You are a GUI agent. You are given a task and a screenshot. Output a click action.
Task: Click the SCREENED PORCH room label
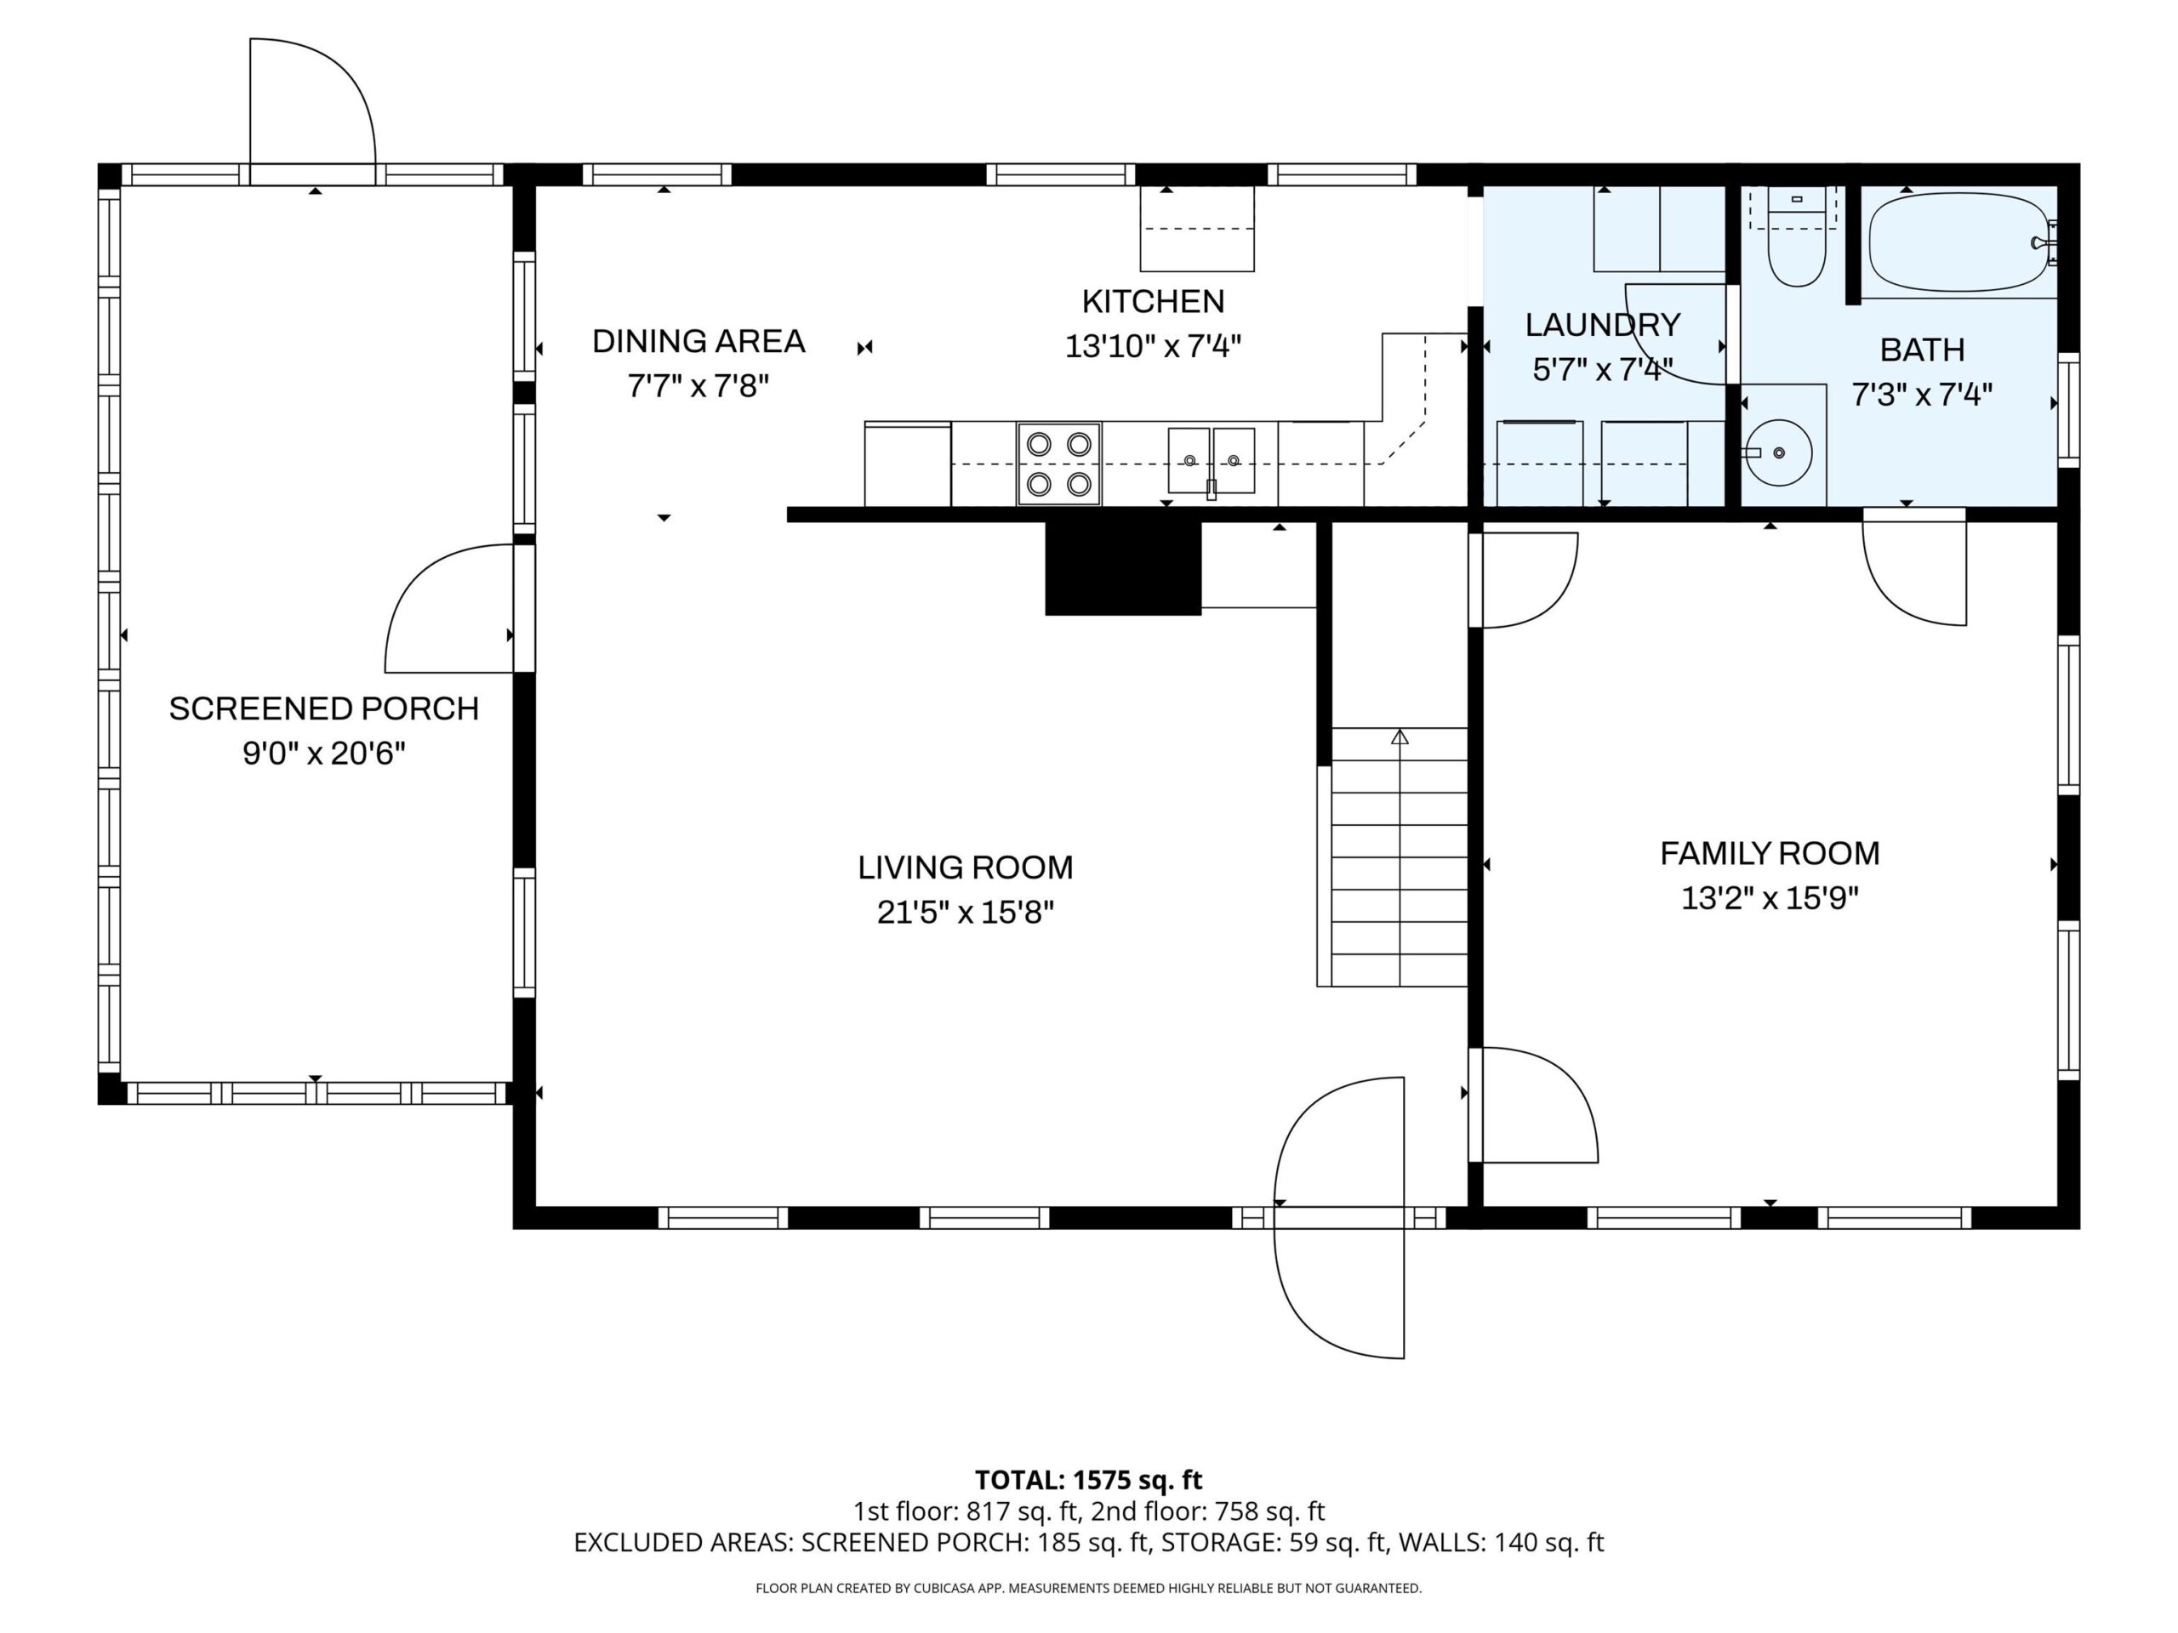point(324,708)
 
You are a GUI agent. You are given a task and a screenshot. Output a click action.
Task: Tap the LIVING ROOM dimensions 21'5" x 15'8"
point(965,913)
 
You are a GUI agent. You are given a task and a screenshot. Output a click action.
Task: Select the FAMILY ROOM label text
point(1770,853)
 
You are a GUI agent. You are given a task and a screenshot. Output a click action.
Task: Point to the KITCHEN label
point(1153,301)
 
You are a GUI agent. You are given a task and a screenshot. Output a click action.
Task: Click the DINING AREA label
point(698,342)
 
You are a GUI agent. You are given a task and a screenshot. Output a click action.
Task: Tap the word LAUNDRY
point(1602,325)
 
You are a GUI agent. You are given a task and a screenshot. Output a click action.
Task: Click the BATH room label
point(1922,350)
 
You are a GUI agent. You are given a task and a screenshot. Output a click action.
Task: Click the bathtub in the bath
point(1958,242)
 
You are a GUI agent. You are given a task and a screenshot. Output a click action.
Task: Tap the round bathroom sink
point(1777,452)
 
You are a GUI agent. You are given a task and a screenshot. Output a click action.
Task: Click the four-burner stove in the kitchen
point(1059,464)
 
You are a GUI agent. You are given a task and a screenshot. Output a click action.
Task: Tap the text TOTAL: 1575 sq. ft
point(1088,1479)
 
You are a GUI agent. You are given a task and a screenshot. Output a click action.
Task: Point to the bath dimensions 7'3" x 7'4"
point(1922,395)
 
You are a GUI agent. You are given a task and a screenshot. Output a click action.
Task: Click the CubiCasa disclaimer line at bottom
point(1088,1587)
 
